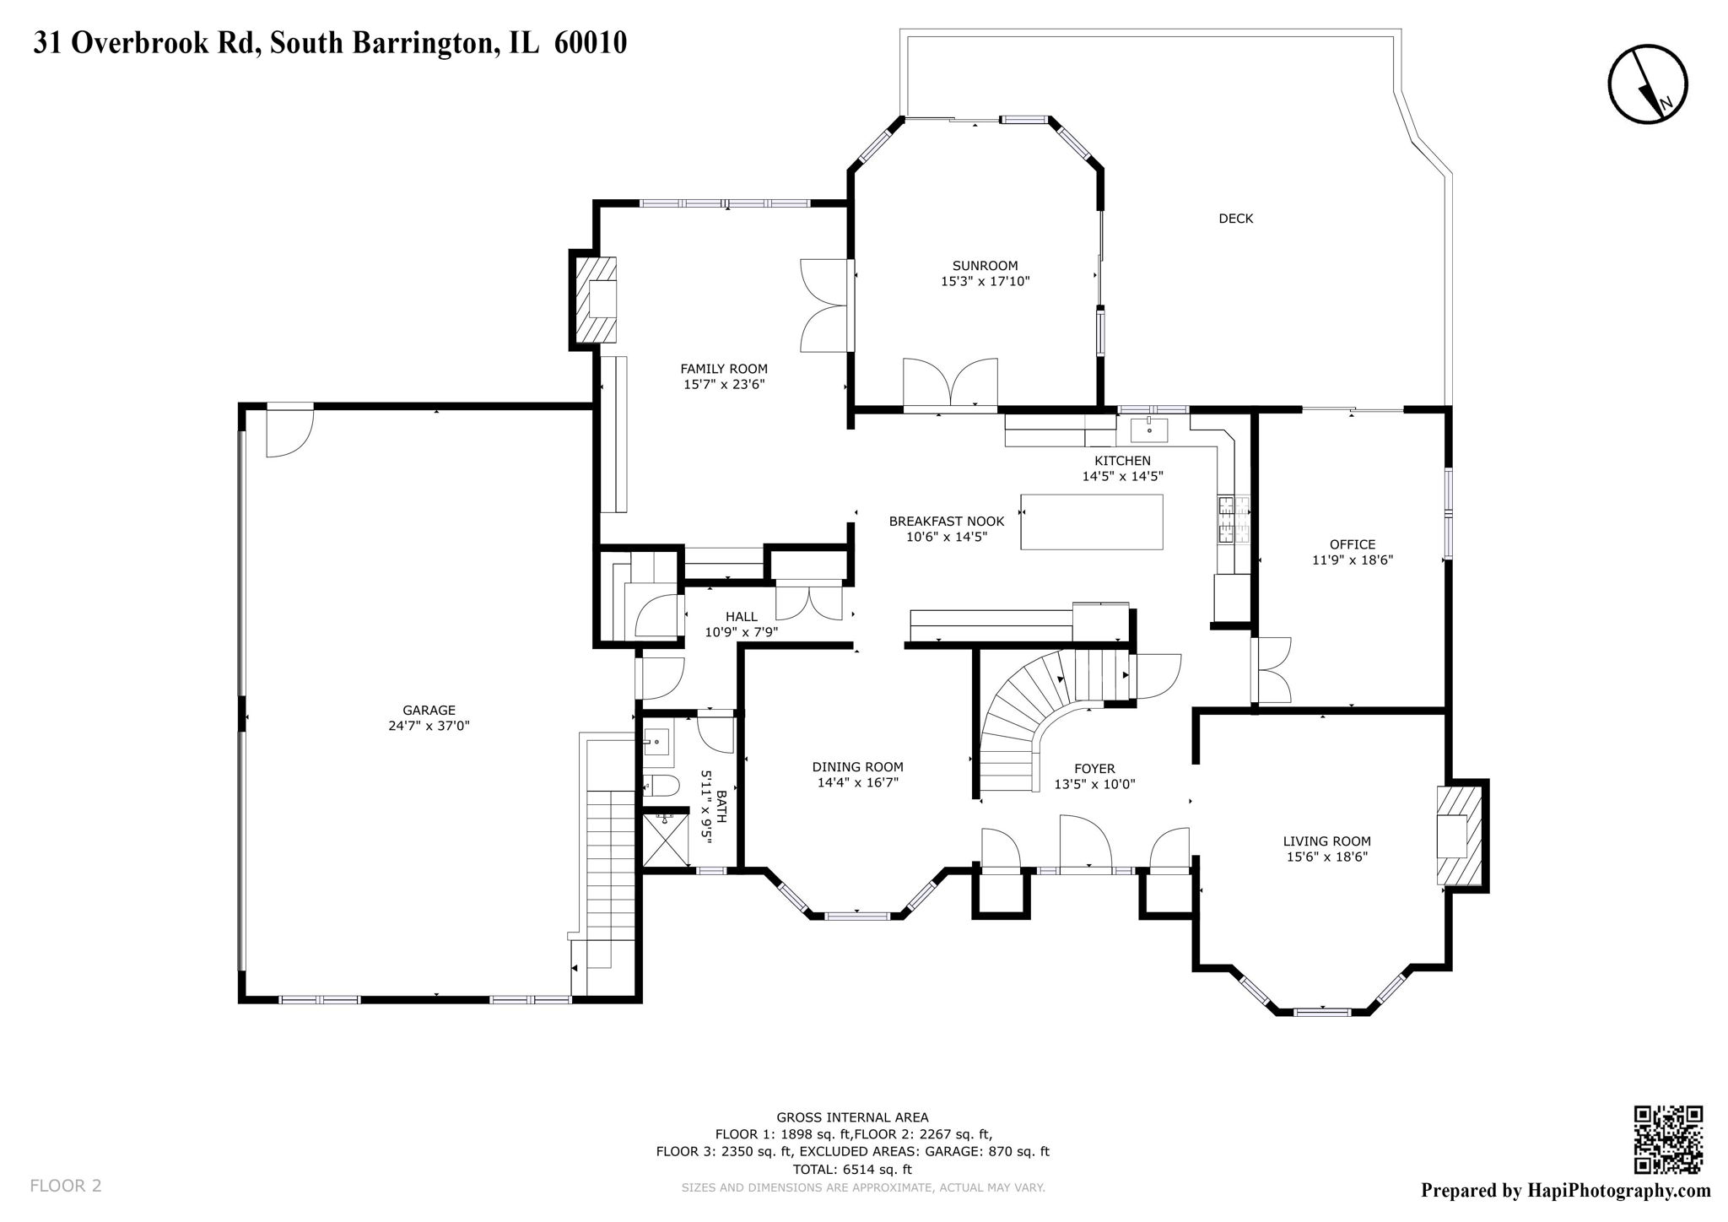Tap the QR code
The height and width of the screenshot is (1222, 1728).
(1668, 1139)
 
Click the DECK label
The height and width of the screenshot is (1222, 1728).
(1235, 219)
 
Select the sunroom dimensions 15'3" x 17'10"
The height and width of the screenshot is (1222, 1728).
(985, 281)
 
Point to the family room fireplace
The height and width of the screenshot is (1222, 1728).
(597, 299)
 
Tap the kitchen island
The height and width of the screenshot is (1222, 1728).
(1091, 522)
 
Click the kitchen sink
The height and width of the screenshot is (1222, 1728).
(1148, 430)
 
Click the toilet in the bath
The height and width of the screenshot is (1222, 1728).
(661, 786)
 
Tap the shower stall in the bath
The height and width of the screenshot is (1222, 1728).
(666, 840)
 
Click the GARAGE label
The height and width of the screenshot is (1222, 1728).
(429, 711)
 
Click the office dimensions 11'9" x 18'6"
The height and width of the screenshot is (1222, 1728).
(1352, 560)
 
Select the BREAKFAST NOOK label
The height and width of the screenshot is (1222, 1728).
(946, 522)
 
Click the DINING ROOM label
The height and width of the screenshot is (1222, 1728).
(857, 767)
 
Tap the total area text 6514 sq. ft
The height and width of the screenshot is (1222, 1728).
(877, 1170)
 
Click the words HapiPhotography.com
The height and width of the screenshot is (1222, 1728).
(1618, 1191)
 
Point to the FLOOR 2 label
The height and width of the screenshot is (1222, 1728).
(66, 1186)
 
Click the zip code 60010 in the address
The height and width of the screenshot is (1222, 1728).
(590, 43)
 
